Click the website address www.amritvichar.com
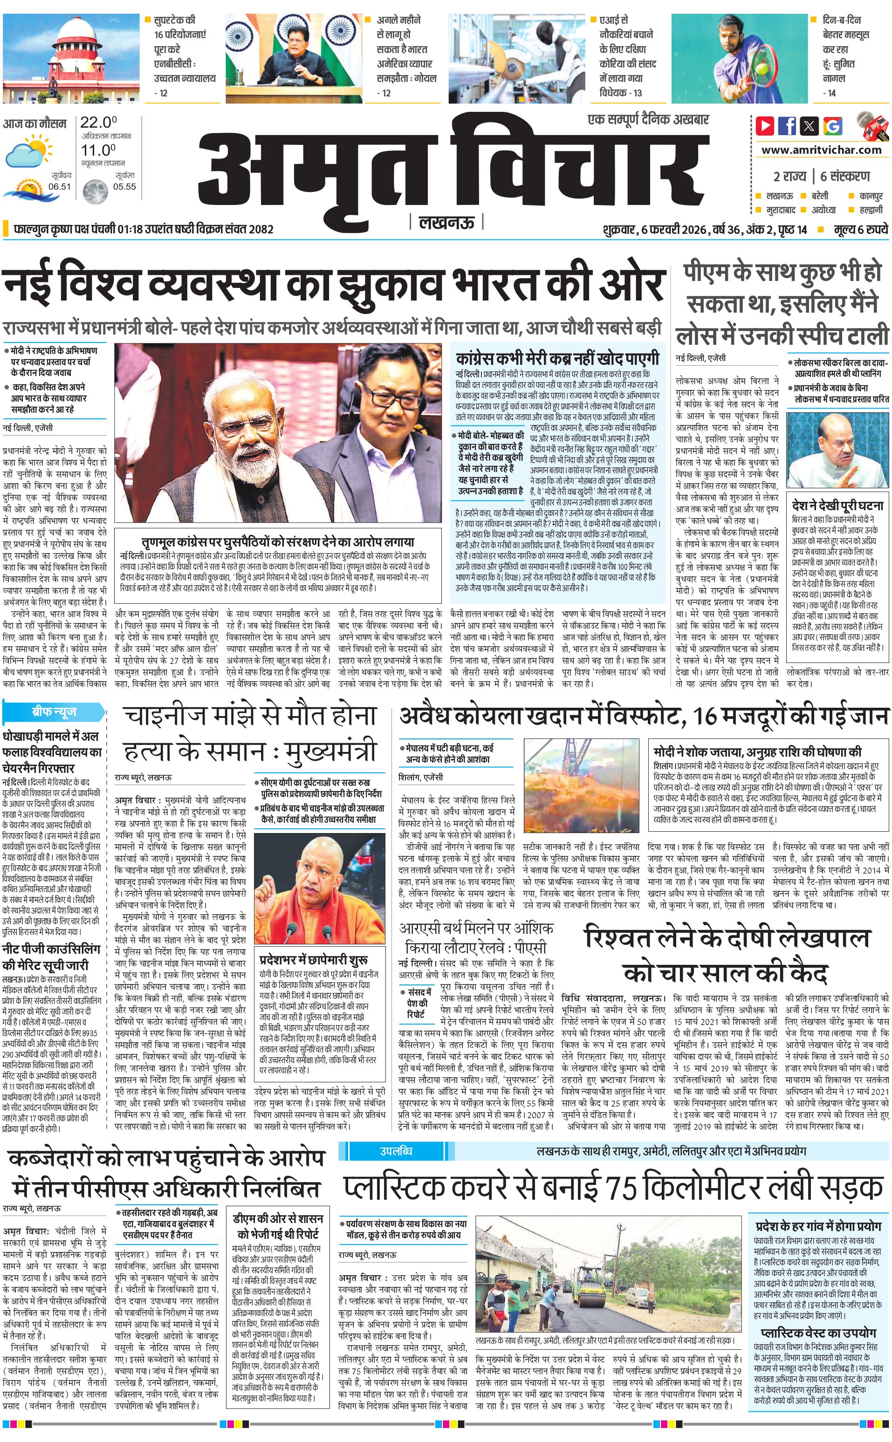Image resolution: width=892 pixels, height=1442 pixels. pyautogui.click(x=821, y=150)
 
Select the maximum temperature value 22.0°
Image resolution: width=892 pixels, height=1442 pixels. pyautogui.click(x=98, y=123)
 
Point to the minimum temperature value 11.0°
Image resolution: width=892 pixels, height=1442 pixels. pyautogui.click(x=98, y=150)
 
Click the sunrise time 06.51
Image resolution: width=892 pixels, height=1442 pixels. pyautogui.click(x=60, y=186)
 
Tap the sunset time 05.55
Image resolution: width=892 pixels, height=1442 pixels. pyautogui.click(x=124, y=186)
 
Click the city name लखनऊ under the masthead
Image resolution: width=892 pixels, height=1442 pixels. pyautogui.click(x=446, y=223)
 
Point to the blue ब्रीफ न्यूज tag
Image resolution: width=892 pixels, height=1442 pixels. pyautogui.click(x=53, y=712)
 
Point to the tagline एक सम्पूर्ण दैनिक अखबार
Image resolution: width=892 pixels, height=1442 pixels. pyautogui.click(x=648, y=120)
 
